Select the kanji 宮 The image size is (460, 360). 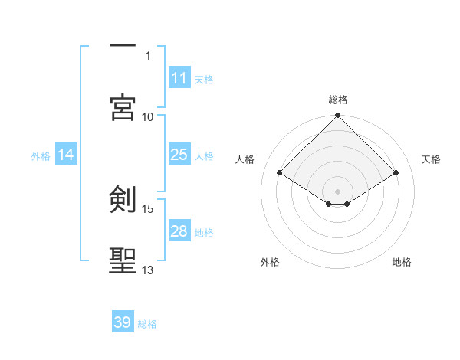[x=123, y=108]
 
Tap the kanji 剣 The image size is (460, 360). [x=123, y=200]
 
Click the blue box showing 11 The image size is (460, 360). [x=179, y=78]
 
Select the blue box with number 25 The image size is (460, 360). [x=179, y=155]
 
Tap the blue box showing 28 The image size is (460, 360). [x=179, y=231]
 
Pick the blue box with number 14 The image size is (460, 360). [x=66, y=155]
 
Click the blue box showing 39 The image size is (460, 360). [x=123, y=322]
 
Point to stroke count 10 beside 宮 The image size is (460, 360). [x=148, y=116]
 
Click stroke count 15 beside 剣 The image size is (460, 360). [x=148, y=208]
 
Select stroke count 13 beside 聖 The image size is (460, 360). [x=148, y=270]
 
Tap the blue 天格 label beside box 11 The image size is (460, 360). [x=204, y=79]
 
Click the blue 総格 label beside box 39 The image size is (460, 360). [x=147, y=323]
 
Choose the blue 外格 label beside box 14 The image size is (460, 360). [x=41, y=155]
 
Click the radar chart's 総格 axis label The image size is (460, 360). [x=338, y=100]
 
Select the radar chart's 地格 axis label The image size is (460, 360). [x=402, y=262]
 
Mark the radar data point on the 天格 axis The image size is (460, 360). [x=396, y=174]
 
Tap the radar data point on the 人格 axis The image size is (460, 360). [x=280, y=174]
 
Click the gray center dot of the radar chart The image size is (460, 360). [x=338, y=191]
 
